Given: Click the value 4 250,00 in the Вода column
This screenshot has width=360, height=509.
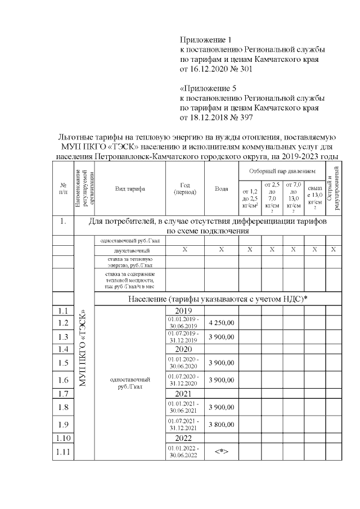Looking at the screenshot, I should click(221, 322).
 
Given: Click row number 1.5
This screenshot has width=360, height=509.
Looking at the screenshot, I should click(64, 362).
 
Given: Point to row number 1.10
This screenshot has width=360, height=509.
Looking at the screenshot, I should click(64, 438).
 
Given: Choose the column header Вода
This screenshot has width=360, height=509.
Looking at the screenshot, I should click(221, 189).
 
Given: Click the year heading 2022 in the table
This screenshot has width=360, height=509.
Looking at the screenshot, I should click(185, 438).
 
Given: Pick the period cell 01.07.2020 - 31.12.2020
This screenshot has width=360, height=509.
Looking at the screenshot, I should click(185, 380).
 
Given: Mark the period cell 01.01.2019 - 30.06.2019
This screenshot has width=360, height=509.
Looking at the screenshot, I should click(185, 322).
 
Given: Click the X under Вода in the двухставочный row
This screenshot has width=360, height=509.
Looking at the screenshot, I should click(221, 249).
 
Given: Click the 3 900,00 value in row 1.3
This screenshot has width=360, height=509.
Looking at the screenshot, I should click(221, 336).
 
